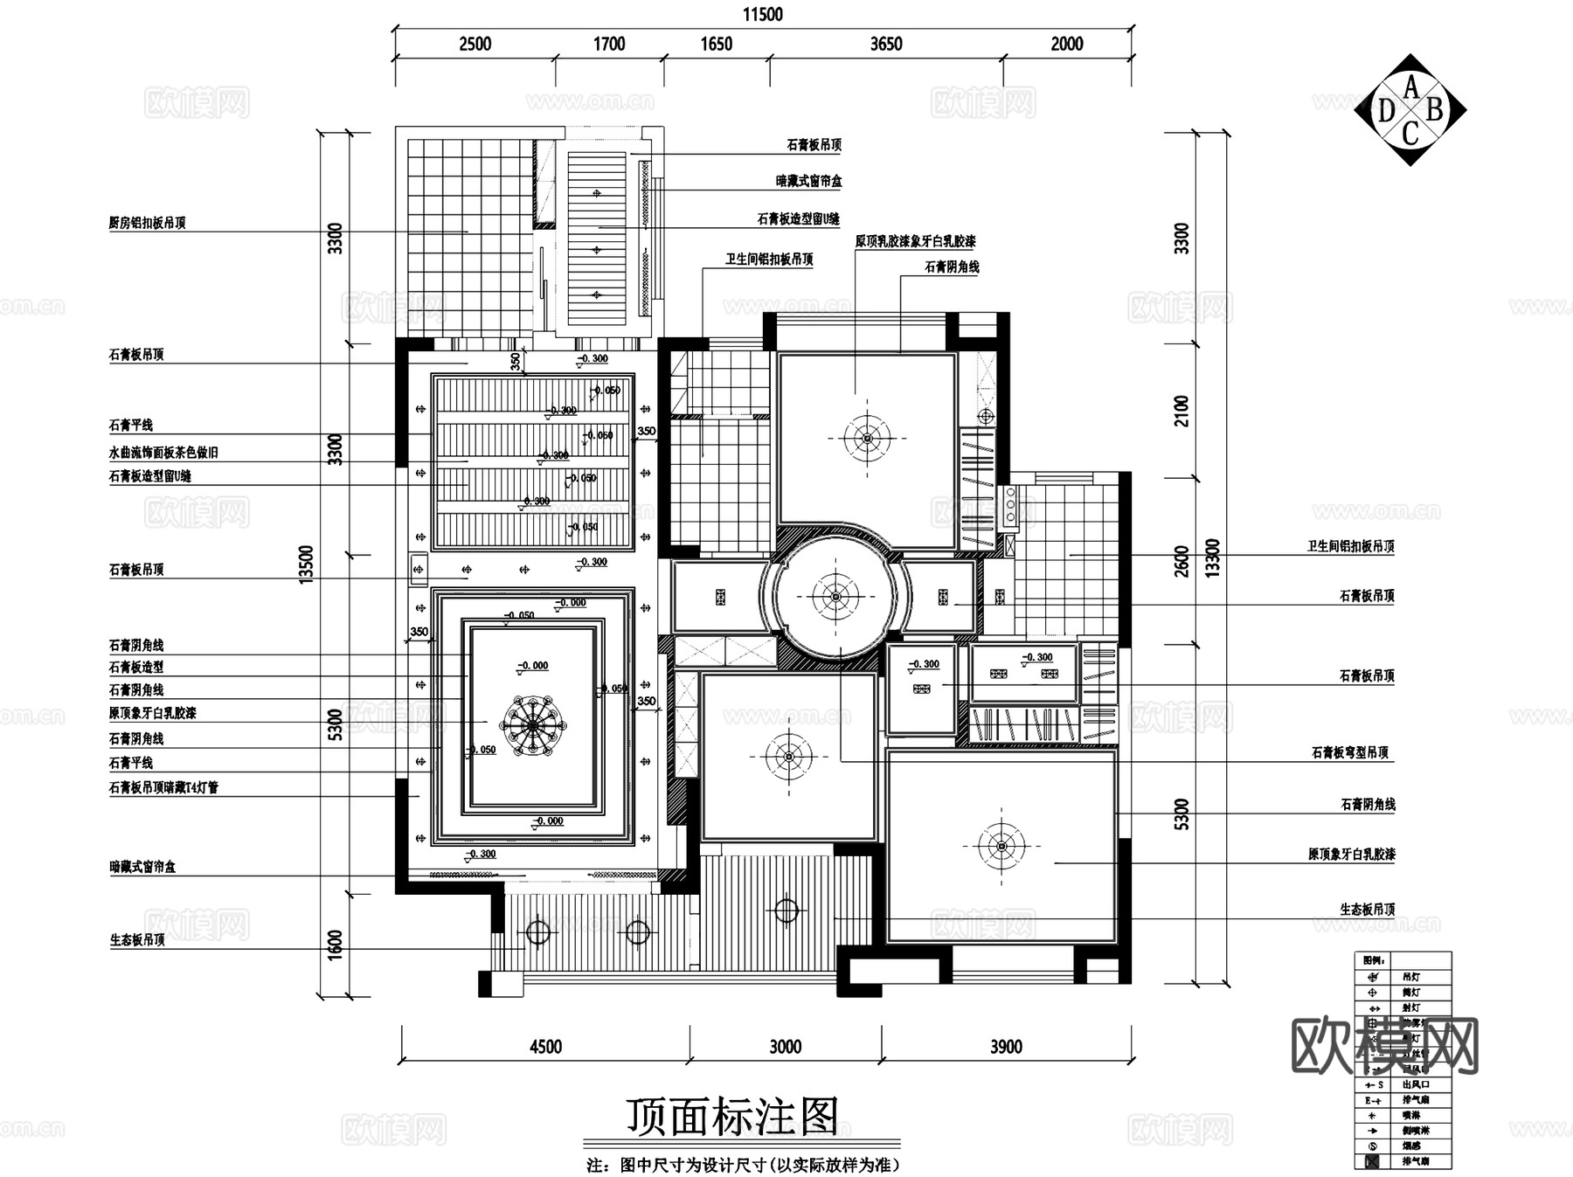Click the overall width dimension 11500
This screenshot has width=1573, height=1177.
(x=762, y=14)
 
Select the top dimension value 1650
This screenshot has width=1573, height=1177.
(x=716, y=44)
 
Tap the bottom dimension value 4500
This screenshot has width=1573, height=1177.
(x=545, y=1046)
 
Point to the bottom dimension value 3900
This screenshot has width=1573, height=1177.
(x=1005, y=1046)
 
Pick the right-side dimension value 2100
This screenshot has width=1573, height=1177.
(x=1181, y=411)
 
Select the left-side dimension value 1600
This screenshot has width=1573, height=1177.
(x=336, y=945)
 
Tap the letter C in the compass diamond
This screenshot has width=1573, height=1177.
(x=1410, y=134)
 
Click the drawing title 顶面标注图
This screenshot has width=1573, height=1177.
(x=732, y=1116)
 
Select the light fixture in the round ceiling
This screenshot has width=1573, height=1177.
(x=835, y=596)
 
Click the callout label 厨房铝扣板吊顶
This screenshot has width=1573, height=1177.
(x=147, y=223)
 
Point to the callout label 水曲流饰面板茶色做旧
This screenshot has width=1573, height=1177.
(x=163, y=453)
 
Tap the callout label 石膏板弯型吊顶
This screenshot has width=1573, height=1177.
(x=1350, y=752)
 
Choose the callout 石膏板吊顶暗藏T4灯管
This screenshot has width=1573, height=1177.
(x=163, y=787)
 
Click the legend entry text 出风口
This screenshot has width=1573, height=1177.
(x=1410, y=1084)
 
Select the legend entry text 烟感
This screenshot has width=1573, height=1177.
(x=1410, y=1146)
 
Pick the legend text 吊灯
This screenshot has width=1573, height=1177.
(x=1410, y=977)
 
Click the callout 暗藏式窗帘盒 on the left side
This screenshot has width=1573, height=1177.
(x=142, y=867)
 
